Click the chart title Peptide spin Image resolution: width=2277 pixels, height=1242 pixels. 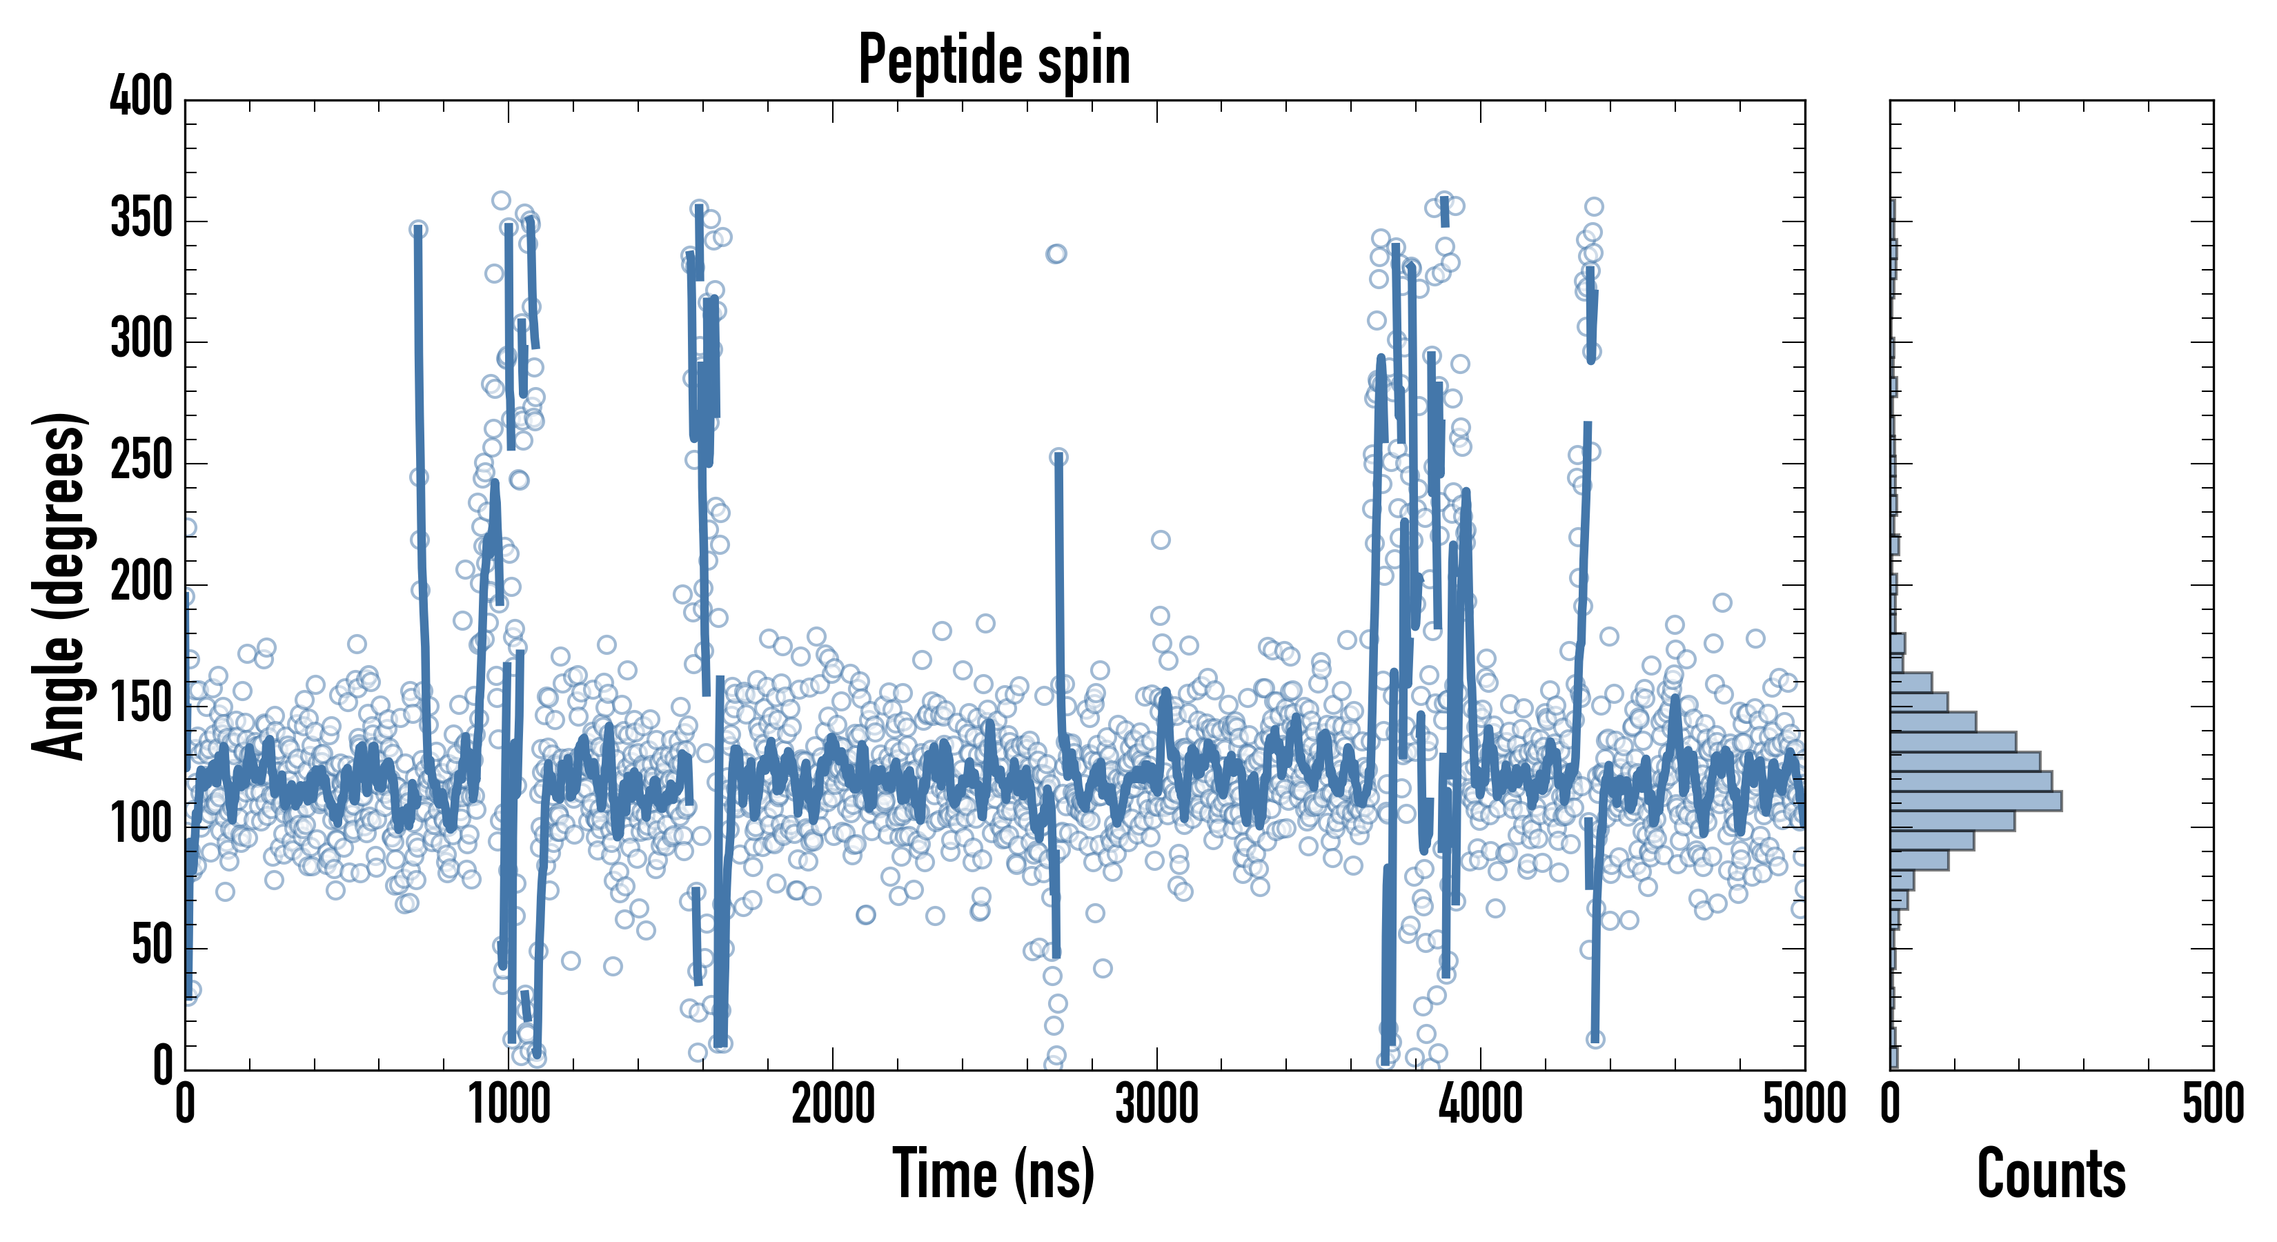[994, 60]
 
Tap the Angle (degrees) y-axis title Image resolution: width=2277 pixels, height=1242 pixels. [59, 585]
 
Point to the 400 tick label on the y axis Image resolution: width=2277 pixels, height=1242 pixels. [141, 97]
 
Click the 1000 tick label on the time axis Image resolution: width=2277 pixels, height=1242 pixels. [509, 1105]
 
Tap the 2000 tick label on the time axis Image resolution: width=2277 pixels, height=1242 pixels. [833, 1105]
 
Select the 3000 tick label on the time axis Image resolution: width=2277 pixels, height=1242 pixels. [1156, 1105]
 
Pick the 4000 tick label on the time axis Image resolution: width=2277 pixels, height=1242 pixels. [1481, 1105]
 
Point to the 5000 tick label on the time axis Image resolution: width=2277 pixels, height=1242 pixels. [1804, 1105]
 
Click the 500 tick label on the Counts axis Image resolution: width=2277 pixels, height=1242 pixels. [2212, 1105]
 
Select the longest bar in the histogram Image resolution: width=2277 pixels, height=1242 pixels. [1975, 801]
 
